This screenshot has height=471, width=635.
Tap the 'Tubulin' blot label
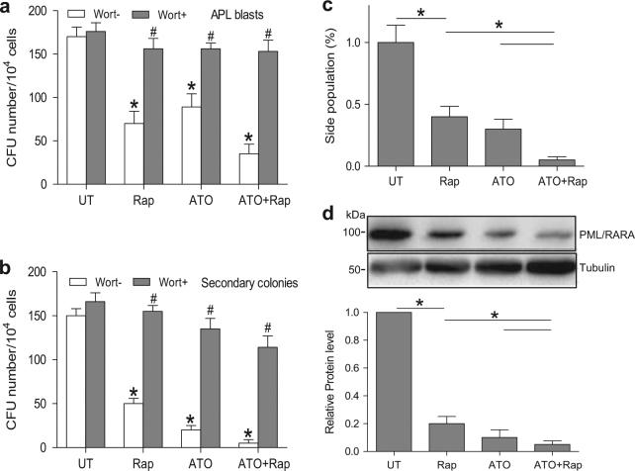(595, 269)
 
